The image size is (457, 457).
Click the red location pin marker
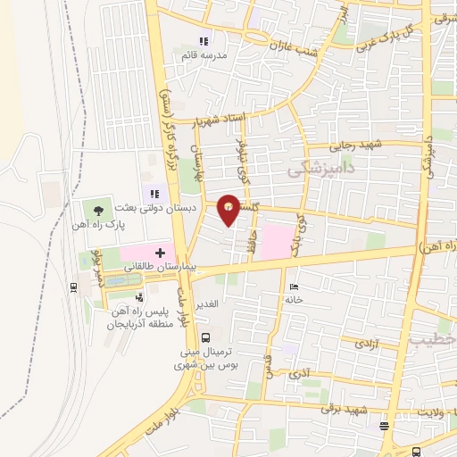229,208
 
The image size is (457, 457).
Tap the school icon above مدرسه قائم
204,41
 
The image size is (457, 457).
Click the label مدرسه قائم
204,55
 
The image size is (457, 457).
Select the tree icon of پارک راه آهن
98,212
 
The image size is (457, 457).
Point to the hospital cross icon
161,253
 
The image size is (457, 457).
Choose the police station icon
138,297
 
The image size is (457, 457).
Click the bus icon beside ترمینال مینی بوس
206,337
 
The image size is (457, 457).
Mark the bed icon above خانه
295,287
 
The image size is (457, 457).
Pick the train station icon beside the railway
71,287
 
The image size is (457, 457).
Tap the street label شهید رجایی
355,145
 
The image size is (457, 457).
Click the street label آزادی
364,342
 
